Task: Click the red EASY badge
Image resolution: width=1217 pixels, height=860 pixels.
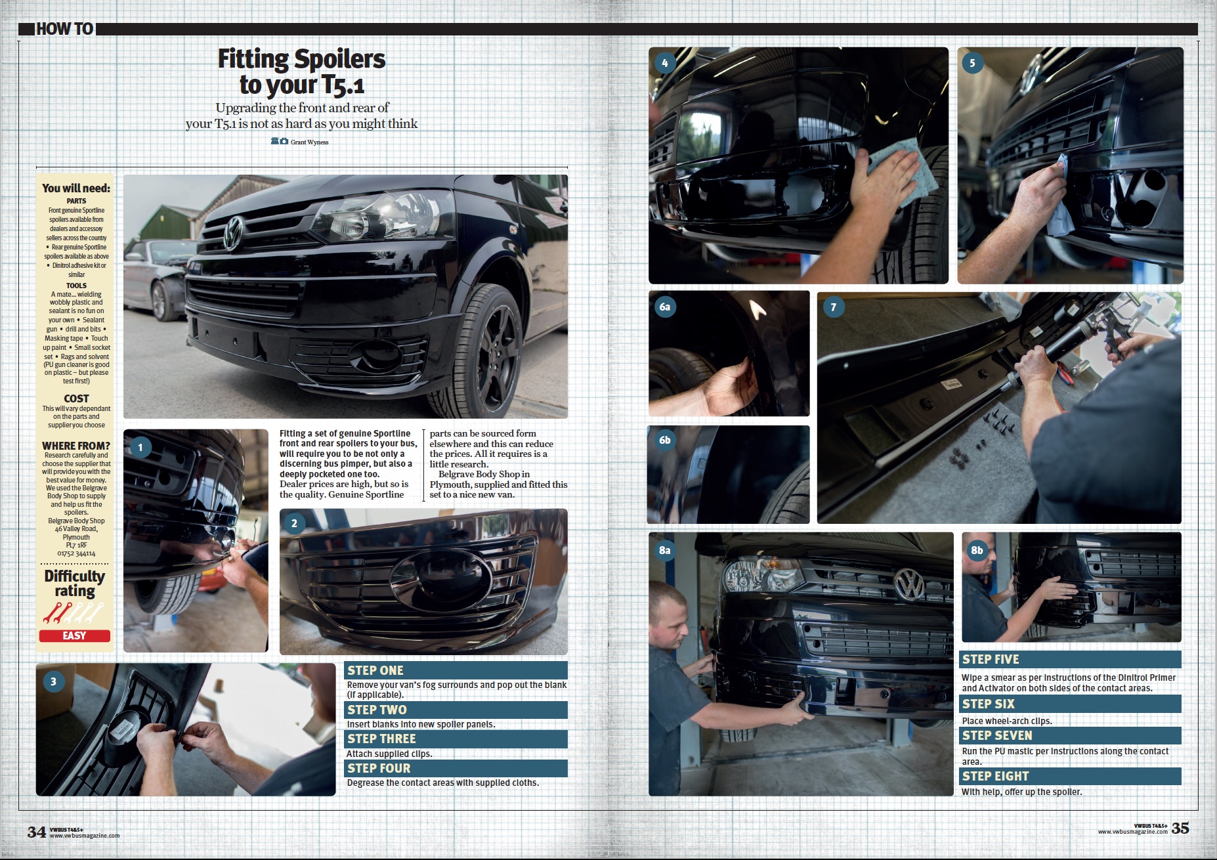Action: (75, 635)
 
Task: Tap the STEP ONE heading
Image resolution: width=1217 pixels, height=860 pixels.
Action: (375, 670)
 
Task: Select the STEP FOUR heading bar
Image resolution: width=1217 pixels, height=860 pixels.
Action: (456, 768)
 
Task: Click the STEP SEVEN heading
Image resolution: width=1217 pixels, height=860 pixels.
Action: (997, 735)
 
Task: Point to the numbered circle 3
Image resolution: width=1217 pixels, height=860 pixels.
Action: (54, 681)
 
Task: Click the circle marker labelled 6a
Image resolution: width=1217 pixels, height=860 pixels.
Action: (665, 307)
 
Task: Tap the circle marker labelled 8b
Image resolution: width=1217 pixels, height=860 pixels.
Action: (977, 550)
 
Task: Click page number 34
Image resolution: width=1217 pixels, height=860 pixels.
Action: (37, 832)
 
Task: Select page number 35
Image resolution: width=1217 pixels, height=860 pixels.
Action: (1180, 828)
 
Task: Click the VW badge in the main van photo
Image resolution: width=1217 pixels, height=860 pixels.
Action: (233, 232)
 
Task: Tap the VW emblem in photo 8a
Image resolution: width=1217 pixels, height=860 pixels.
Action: (910, 584)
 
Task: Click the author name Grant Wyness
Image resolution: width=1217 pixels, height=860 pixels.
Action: (309, 142)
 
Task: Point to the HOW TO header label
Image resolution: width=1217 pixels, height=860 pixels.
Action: (64, 29)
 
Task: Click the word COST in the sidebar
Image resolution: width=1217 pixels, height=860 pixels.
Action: (76, 398)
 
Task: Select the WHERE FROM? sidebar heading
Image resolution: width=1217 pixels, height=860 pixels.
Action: (76, 446)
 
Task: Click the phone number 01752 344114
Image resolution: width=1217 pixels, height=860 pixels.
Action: (76, 553)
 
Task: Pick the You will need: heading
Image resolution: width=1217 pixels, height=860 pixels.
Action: (76, 188)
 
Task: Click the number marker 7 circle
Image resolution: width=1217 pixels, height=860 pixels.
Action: (834, 307)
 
